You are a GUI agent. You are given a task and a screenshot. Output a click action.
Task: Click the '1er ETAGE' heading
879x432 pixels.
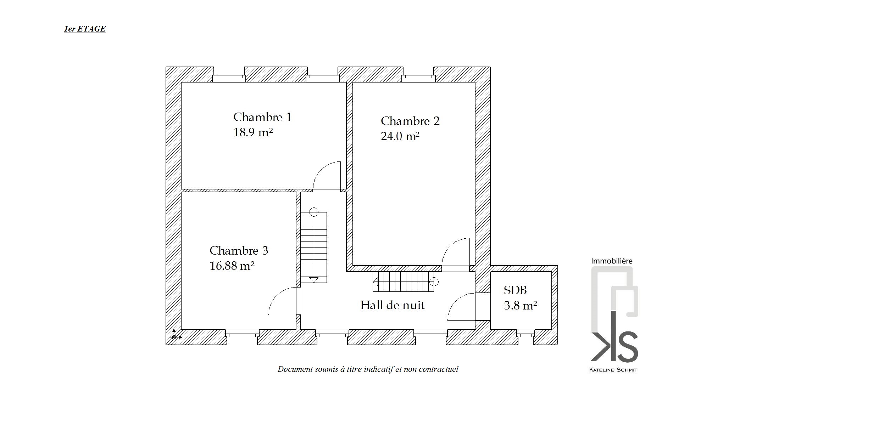pyautogui.click(x=85, y=29)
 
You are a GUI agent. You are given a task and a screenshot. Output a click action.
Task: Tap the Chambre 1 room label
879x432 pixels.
pyautogui.click(x=262, y=117)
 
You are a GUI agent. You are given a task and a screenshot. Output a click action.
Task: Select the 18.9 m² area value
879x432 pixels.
pyautogui.click(x=253, y=132)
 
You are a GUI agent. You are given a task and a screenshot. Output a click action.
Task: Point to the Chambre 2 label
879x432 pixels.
pyautogui.click(x=410, y=121)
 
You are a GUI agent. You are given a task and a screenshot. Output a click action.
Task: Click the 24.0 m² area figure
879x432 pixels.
pyautogui.click(x=400, y=136)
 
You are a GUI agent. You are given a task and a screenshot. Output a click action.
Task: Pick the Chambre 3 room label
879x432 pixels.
pyautogui.click(x=239, y=251)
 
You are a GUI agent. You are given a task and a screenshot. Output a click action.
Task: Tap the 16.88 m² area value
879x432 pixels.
pyautogui.click(x=232, y=266)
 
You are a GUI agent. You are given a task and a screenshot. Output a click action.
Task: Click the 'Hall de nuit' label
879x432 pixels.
pyautogui.click(x=392, y=305)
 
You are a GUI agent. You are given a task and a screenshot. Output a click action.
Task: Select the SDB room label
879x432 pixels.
pyautogui.click(x=515, y=290)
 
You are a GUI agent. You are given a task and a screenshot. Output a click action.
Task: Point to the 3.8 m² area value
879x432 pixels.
pyautogui.click(x=521, y=306)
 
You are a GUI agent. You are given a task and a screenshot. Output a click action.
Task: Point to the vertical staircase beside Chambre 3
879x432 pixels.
pyautogui.click(x=314, y=247)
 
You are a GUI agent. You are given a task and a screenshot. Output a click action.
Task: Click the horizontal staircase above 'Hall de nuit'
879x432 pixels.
pyautogui.click(x=404, y=282)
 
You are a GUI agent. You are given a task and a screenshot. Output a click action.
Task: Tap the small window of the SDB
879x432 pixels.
pyautogui.click(x=525, y=337)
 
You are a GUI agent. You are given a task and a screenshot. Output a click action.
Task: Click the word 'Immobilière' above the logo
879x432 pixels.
pyautogui.click(x=612, y=261)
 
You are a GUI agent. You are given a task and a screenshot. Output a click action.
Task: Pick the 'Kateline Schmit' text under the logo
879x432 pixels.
pyautogui.click(x=613, y=370)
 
